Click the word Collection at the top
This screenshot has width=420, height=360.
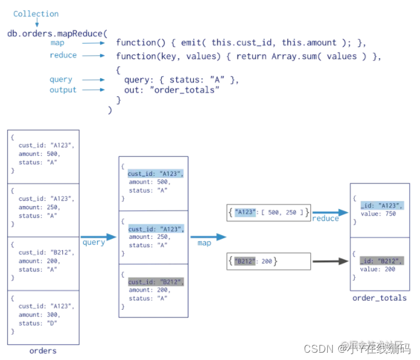[36, 14]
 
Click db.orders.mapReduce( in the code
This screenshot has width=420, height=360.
[57, 33]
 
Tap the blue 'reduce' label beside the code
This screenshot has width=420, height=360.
[63, 55]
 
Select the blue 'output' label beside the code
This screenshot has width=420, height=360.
[63, 90]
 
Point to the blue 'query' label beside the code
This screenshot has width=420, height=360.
[61, 79]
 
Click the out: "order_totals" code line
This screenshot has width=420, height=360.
[172, 90]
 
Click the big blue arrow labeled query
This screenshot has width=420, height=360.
[98, 238]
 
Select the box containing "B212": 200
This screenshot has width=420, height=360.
[268, 262]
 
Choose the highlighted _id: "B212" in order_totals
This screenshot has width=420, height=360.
[381, 261]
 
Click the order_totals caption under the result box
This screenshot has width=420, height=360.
[379, 298]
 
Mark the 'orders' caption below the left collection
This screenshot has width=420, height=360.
[42, 351]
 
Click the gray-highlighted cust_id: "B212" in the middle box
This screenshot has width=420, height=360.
[155, 282]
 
